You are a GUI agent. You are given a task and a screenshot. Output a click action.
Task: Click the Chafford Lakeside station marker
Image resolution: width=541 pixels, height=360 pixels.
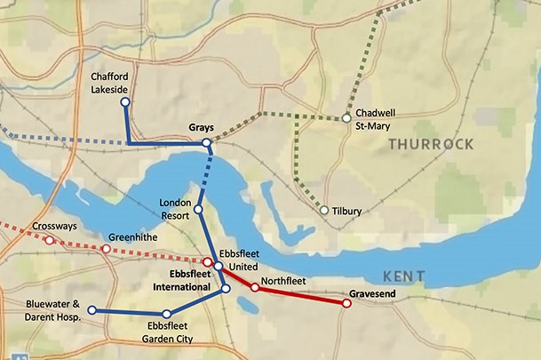124,102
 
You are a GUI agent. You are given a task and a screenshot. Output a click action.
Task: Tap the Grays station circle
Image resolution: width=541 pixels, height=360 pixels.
206,143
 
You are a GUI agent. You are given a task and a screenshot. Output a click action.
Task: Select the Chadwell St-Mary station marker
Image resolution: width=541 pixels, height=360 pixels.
347,118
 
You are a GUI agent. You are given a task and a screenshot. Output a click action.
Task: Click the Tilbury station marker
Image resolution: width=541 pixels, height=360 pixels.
324,211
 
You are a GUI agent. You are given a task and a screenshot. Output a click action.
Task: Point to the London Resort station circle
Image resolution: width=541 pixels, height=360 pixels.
198,210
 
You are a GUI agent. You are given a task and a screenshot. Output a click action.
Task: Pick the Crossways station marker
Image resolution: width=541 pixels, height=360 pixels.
49,240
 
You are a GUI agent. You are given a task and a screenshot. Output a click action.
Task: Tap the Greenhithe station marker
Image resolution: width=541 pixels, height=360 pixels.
106,249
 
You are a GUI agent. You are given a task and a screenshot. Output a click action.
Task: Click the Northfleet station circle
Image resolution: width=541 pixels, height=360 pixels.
255,287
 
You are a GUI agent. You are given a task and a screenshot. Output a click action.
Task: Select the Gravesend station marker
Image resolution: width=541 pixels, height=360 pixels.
346,303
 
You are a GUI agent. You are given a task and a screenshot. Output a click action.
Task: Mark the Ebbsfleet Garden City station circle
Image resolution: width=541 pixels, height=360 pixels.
166,314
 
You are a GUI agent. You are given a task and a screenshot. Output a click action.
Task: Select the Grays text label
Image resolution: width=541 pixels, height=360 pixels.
202,128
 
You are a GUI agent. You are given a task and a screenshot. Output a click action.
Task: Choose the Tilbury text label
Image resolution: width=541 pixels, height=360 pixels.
346,211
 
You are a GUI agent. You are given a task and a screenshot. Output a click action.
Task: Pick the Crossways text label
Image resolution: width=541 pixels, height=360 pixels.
51,227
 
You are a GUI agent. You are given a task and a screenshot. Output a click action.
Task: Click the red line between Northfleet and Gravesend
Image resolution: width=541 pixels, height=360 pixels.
302,295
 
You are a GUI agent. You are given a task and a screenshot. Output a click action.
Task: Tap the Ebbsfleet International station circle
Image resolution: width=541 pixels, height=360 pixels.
226,289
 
